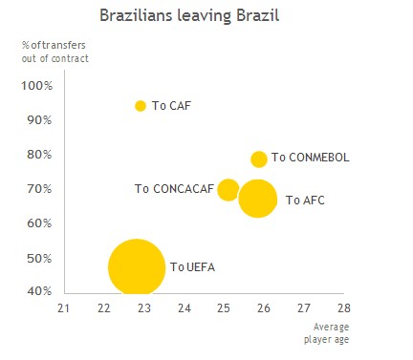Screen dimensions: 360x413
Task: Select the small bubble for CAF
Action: click(x=141, y=106)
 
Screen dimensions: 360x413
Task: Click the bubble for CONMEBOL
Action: click(x=258, y=159)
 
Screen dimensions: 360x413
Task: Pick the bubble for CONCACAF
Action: click(x=228, y=189)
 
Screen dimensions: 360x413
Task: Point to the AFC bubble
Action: click(x=257, y=199)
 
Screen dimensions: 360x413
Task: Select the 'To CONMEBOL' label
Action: click(x=311, y=158)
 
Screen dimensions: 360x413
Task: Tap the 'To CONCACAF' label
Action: click(x=174, y=189)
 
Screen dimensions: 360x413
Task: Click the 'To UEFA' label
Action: click(x=192, y=267)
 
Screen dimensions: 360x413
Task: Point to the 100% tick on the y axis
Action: click(x=36, y=86)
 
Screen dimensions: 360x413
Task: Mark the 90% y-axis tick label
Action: click(x=39, y=120)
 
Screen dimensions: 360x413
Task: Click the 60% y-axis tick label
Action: click(x=39, y=223)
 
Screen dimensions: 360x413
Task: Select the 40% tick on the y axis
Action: click(x=39, y=291)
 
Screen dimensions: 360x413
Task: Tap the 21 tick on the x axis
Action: click(x=64, y=308)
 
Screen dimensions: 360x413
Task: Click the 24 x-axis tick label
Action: click(x=184, y=308)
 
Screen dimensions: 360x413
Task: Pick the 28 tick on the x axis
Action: click(x=343, y=308)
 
